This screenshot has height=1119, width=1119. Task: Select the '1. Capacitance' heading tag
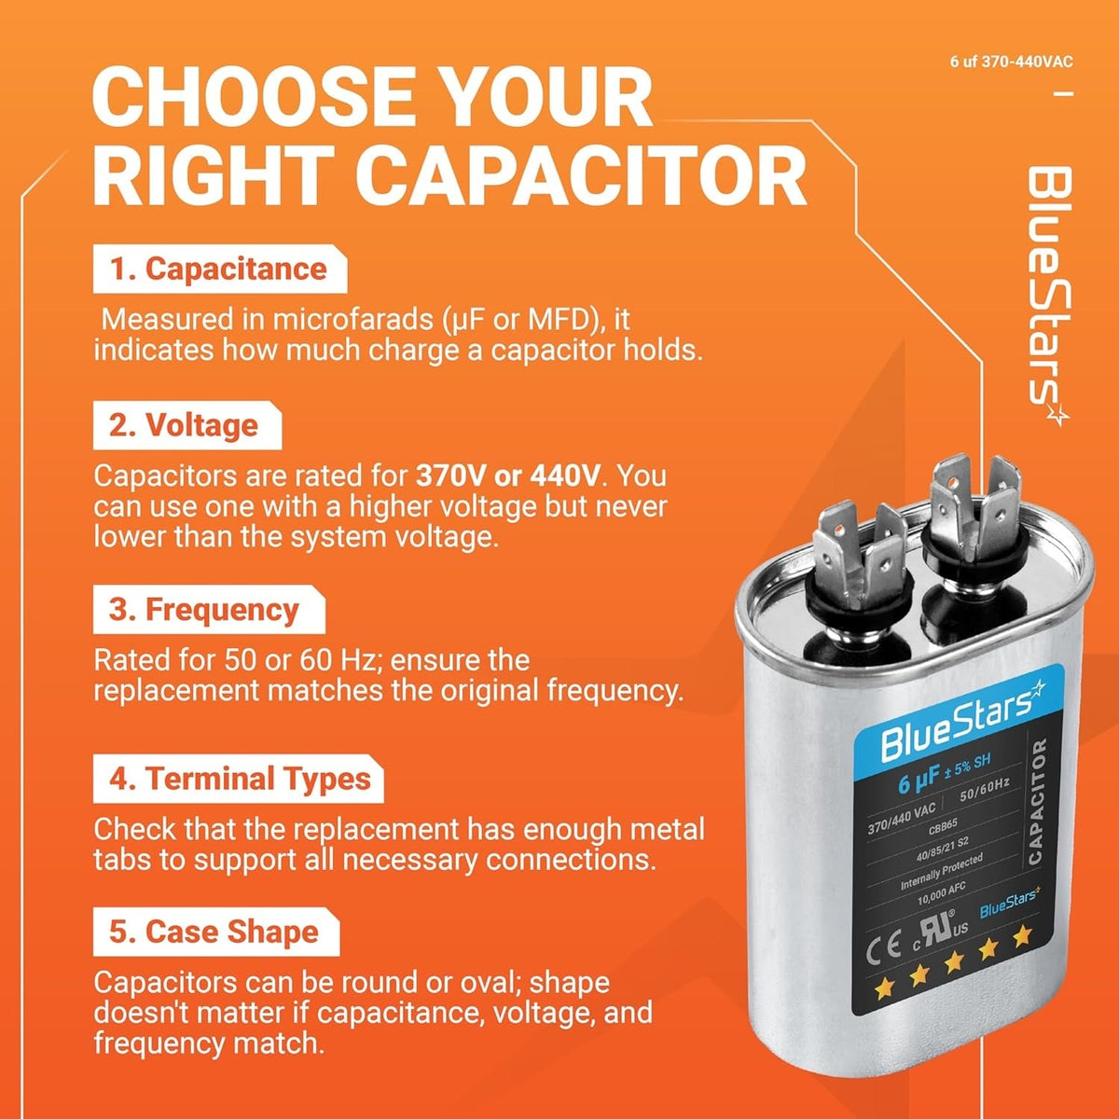pos(219,269)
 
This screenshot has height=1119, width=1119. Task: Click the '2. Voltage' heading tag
pos(187,425)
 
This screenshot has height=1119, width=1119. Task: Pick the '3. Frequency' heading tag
pos(209,610)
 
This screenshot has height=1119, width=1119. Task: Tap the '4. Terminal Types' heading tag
pos(238,779)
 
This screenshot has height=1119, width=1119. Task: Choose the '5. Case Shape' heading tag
pos(216,932)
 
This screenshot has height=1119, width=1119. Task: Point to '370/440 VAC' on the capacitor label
pos(901,818)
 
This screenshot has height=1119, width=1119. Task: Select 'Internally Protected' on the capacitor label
pos(941,872)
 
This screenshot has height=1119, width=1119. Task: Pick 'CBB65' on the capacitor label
pos(943,827)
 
